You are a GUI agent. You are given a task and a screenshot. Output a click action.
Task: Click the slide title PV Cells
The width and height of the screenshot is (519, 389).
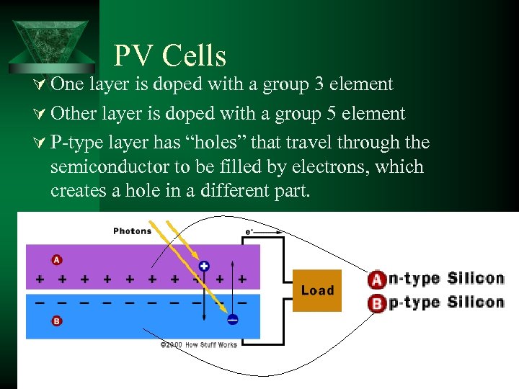tap(170, 55)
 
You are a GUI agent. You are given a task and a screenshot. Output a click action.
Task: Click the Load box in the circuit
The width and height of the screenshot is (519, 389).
tap(317, 290)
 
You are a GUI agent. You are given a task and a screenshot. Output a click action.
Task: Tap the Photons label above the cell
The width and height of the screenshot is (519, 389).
tap(133, 231)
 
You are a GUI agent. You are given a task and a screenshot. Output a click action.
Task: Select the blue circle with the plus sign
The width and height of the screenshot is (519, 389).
tap(204, 266)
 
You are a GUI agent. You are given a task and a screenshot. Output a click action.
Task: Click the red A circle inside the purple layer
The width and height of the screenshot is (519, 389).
tap(56, 259)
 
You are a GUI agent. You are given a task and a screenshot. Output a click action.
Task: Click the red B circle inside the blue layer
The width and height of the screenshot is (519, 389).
tap(56, 321)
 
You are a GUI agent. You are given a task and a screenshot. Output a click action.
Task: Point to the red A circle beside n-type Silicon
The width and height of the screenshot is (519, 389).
tap(376, 280)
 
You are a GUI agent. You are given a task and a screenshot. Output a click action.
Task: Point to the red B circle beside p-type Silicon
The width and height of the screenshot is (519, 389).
tap(376, 303)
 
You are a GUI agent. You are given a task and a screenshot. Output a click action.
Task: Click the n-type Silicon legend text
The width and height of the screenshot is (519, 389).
tap(446, 279)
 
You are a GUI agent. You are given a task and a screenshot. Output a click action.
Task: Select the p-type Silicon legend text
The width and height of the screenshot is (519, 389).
tap(446, 303)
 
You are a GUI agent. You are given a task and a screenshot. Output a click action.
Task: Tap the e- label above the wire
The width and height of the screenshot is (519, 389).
tap(249, 231)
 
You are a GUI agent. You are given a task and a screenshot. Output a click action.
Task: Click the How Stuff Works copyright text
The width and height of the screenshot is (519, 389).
tap(198, 345)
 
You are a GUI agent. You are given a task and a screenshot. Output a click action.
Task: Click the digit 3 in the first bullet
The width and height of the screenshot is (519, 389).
tap(319, 84)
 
